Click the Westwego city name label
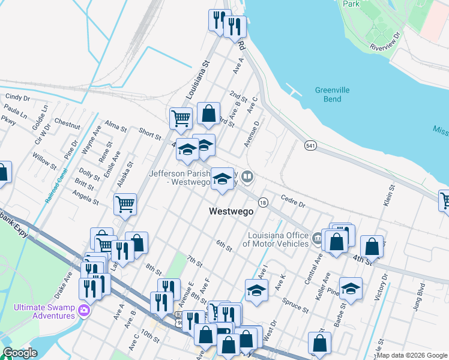coord(231,211)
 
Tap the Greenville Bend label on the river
coord(332,94)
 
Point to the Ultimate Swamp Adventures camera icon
coord(85,310)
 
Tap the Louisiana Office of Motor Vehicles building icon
coord(316,239)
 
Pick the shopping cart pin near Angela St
coord(125,203)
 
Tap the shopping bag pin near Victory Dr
coord(372,245)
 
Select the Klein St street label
coord(392,196)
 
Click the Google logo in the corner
coord(19,353)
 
